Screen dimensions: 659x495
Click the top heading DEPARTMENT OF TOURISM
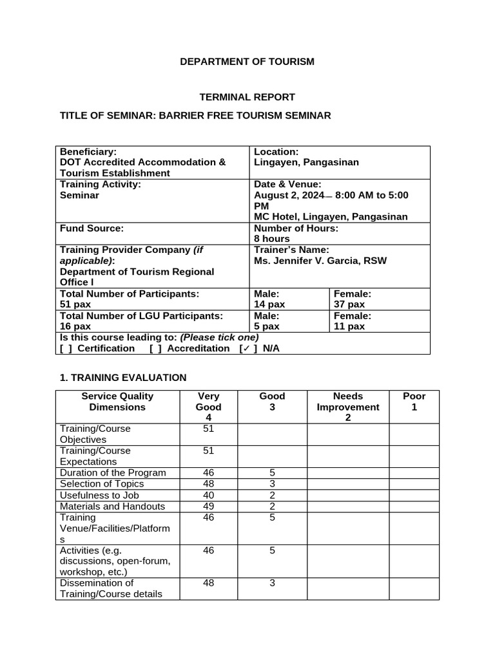247,62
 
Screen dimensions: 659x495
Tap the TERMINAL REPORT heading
247,97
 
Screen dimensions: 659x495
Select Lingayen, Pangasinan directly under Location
306,163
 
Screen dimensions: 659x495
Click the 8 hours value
272,239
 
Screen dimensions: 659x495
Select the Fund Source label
91,228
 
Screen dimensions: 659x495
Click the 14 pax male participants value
269,304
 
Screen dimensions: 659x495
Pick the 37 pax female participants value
349,304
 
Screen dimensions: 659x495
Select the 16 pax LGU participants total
75,326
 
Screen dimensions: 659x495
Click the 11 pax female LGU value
349,326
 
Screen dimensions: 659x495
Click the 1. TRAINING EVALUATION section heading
122,378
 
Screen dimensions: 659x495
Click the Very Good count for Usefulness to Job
208,496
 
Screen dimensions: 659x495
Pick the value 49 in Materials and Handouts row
208,506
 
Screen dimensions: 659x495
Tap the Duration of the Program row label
113,473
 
